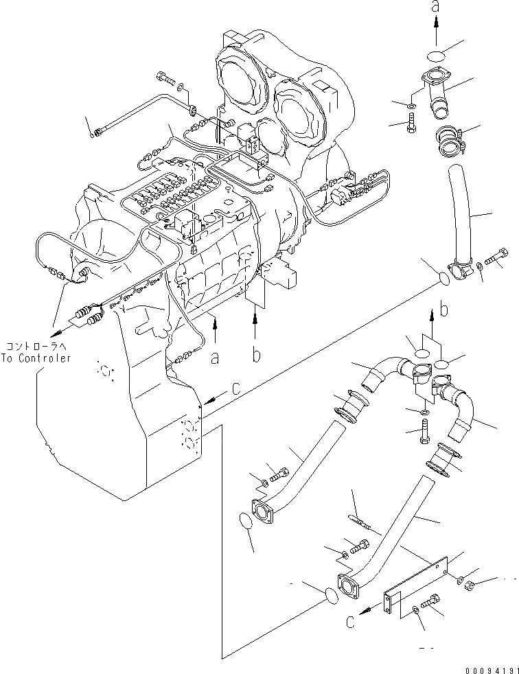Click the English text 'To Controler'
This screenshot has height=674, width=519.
coord(37,358)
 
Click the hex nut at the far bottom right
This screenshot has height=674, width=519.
coord(470,586)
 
